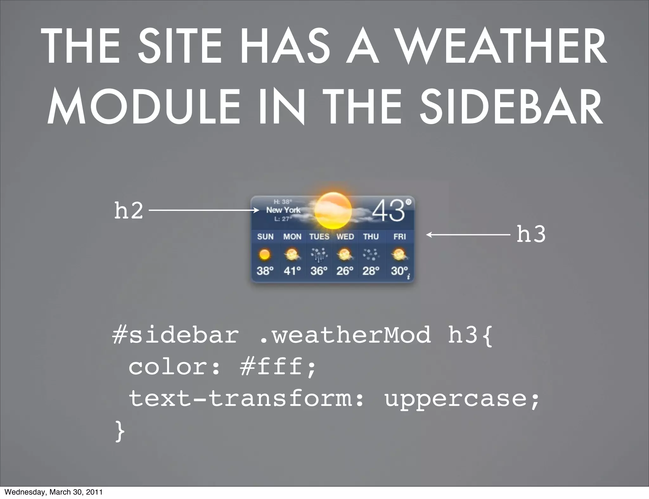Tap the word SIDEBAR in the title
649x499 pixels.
pos(511,107)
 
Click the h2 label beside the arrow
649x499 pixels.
pos(128,211)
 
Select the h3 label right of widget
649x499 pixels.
pos(531,235)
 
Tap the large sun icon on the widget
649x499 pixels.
pos(333,211)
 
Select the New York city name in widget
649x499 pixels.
pos(283,210)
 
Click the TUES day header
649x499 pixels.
pos(319,237)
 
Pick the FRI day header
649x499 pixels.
pos(399,237)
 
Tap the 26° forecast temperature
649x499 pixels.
pos(345,271)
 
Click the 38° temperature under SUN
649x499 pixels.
pos(265,271)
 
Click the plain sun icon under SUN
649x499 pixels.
pos(265,254)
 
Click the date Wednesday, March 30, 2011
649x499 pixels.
pos(54,492)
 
